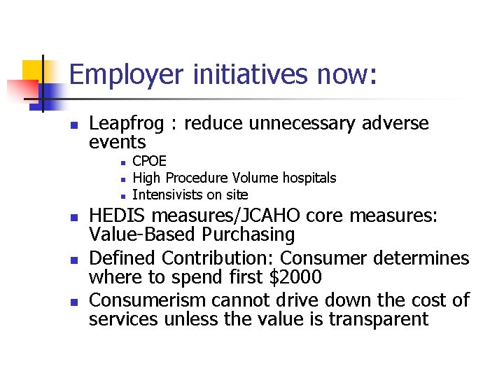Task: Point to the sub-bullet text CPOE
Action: pos(149,162)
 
